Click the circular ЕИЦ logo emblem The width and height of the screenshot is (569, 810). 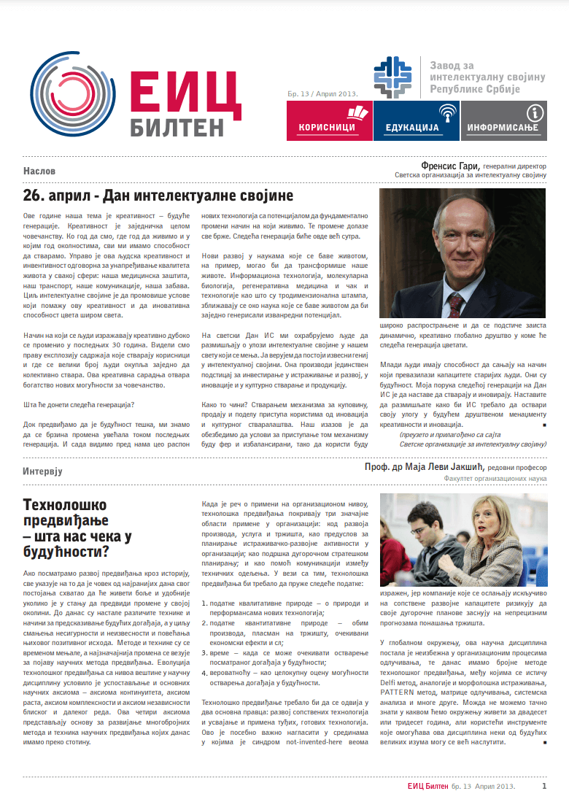(x=74, y=95)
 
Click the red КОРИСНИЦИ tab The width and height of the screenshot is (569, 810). (x=329, y=120)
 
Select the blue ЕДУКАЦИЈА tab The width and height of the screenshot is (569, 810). (x=416, y=120)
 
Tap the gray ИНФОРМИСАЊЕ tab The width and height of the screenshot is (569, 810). (x=503, y=120)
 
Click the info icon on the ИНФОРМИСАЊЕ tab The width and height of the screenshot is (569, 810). (x=536, y=112)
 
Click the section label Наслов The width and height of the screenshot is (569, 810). (x=39, y=170)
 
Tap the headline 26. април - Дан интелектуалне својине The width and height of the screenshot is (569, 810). (x=158, y=196)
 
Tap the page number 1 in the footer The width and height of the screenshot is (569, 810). (x=544, y=787)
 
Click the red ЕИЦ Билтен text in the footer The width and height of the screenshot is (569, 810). (x=427, y=787)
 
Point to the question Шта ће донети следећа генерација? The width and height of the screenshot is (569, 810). (x=79, y=405)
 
